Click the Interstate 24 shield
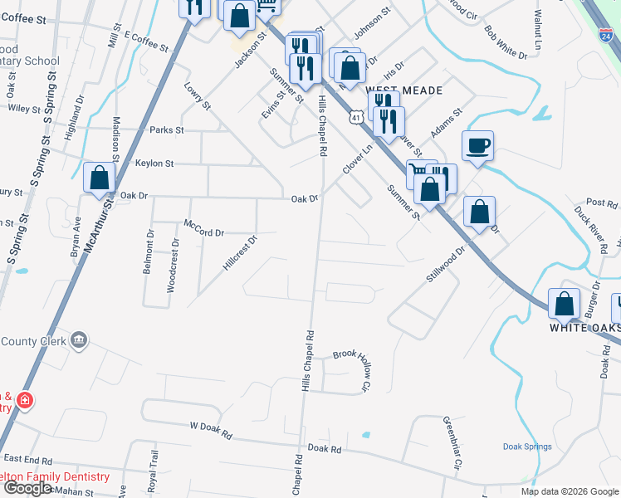(606, 36)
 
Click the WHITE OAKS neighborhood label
(584, 328)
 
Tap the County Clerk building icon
(79, 339)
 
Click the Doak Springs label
(527, 447)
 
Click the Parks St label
(166, 130)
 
